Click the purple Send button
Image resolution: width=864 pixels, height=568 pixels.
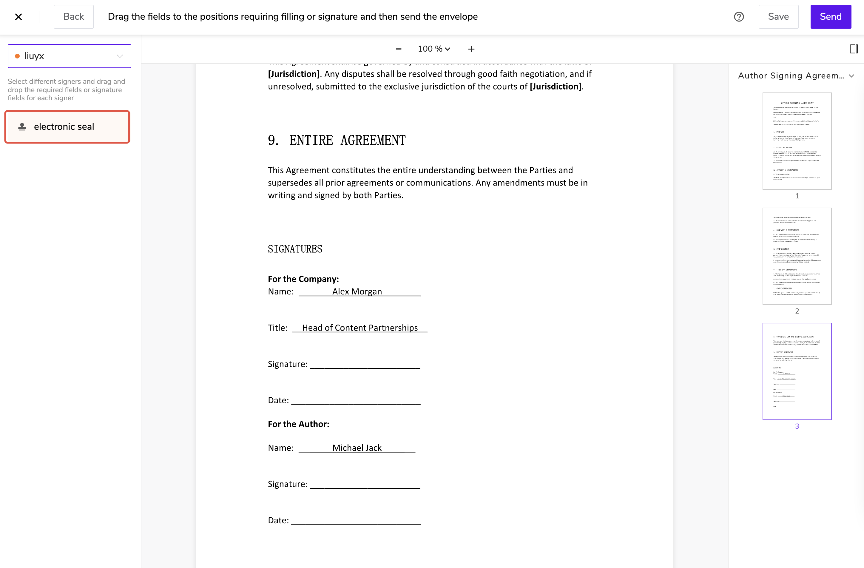point(830,17)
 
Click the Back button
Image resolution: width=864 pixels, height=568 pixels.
point(73,17)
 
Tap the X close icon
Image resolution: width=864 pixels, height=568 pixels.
point(18,17)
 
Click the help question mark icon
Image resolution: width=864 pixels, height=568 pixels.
point(739,17)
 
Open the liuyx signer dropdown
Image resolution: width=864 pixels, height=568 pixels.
point(69,56)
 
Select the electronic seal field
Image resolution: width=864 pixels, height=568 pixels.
point(67,127)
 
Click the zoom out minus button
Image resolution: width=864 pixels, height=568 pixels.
point(398,49)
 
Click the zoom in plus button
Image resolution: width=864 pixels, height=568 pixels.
point(471,49)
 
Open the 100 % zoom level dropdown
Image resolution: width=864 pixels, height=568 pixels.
point(434,49)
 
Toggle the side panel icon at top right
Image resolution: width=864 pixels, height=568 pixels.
point(854,49)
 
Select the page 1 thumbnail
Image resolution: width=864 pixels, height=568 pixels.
point(797,141)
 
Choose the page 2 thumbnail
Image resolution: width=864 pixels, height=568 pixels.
point(797,256)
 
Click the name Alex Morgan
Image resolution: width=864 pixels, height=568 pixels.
point(357,291)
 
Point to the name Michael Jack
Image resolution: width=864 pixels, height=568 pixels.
point(357,448)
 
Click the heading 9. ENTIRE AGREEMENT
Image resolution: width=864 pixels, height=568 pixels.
point(337,141)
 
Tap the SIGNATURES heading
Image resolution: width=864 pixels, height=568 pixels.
point(295,249)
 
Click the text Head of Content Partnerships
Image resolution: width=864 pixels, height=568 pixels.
point(360,328)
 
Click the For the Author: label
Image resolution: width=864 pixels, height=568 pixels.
point(298,424)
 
